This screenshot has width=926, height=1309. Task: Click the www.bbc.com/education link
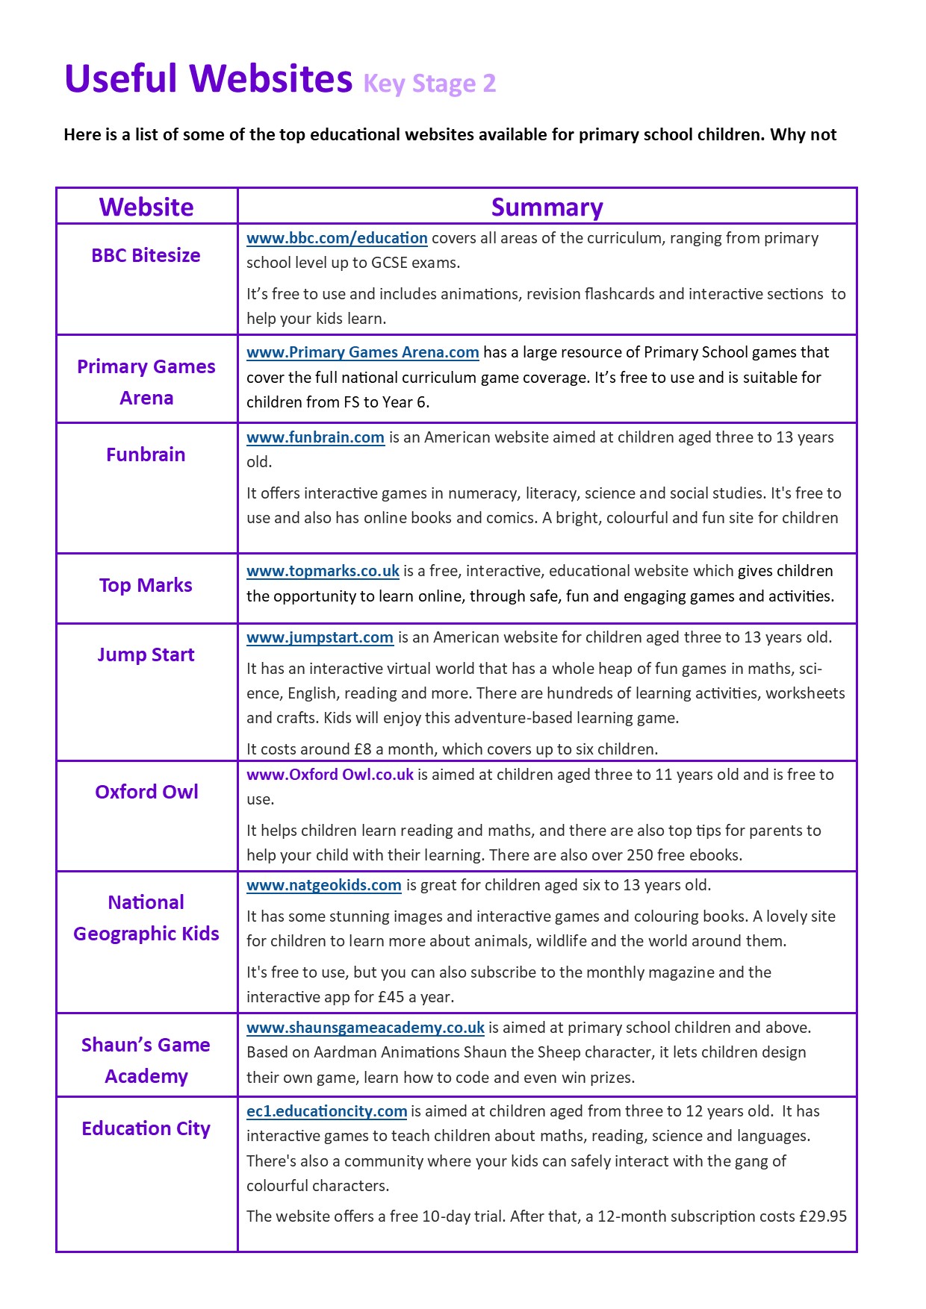click(337, 238)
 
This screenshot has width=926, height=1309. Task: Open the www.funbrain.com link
click(315, 437)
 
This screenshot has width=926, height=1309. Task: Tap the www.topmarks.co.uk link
click(323, 571)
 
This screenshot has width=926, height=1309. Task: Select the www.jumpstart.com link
click(320, 637)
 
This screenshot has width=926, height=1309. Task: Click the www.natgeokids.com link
click(324, 885)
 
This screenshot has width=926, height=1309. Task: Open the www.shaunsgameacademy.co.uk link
click(365, 1028)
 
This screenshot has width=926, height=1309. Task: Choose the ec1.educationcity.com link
click(326, 1111)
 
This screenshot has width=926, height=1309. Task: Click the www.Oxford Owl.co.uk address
click(330, 775)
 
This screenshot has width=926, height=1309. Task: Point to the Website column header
click(146, 207)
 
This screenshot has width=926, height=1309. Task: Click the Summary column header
click(547, 207)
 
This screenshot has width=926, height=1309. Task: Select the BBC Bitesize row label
click(146, 255)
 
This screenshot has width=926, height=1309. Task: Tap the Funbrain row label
click(146, 454)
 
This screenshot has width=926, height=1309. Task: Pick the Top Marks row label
click(146, 585)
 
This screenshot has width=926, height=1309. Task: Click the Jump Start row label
click(146, 654)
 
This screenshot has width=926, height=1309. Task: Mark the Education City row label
click(146, 1128)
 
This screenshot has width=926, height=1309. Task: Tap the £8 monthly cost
click(362, 749)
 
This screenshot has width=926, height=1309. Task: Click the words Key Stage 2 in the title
click(429, 84)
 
